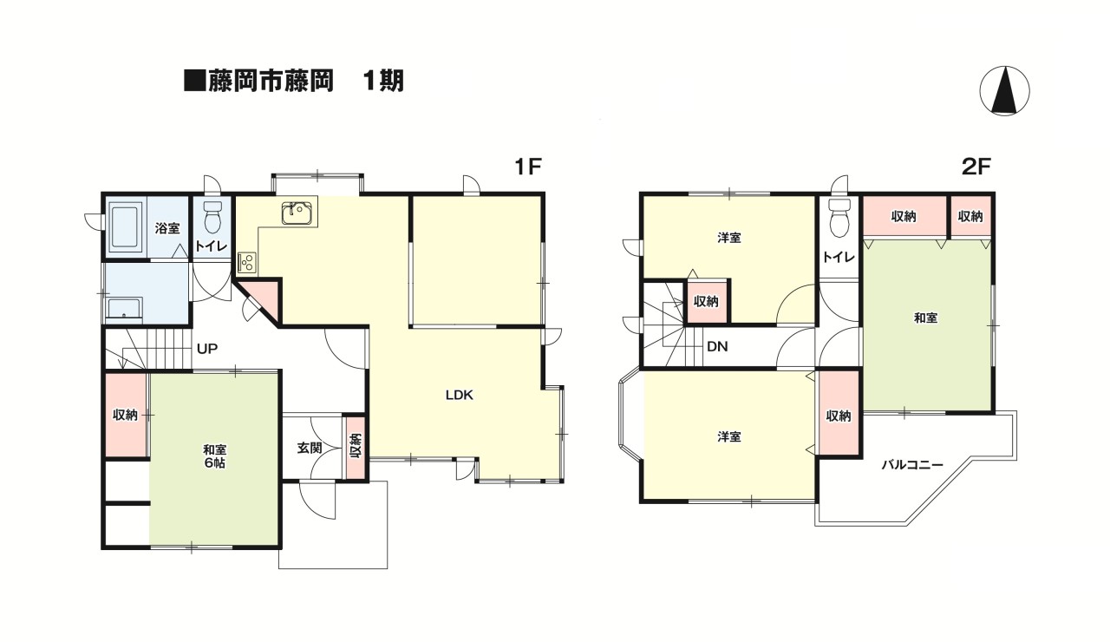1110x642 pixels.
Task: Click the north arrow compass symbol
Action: coord(1004,91)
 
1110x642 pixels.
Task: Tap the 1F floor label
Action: coord(527,167)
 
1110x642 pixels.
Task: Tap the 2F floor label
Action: coord(976,167)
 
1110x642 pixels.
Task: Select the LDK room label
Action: coord(459,395)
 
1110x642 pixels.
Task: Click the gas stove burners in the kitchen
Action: coord(247,260)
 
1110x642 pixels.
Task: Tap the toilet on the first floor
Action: coord(212,214)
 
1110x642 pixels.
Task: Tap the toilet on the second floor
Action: coord(839,218)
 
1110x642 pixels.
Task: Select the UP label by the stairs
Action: coord(206,349)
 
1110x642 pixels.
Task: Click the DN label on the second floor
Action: coord(716,347)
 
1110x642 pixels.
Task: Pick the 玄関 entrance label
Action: coord(310,448)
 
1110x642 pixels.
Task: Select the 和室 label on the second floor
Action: coord(925,318)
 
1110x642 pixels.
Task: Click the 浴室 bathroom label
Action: coord(167,228)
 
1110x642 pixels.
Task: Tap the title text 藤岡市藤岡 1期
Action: coord(295,82)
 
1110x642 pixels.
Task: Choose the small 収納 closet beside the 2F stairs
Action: coord(706,301)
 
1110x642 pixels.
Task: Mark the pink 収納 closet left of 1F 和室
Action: coord(126,415)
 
